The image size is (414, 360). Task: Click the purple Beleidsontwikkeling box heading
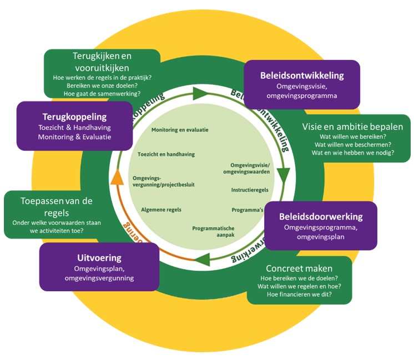(x=302, y=75)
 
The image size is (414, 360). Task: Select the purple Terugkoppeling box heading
(x=74, y=117)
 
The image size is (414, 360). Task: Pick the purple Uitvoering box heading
(x=99, y=258)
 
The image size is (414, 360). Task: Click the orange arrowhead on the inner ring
(x=117, y=178)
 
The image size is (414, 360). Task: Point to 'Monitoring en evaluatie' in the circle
(x=180, y=130)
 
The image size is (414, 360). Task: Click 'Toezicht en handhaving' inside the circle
(x=166, y=154)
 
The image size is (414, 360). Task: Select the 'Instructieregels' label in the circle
(x=250, y=190)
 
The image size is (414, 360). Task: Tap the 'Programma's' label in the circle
(x=248, y=210)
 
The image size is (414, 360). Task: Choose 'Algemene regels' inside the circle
(x=161, y=210)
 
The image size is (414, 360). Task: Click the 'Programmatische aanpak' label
(x=213, y=232)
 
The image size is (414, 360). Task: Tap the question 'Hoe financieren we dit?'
(x=299, y=295)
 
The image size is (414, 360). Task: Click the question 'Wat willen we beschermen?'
(x=353, y=144)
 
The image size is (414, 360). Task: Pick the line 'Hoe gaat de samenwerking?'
(x=103, y=94)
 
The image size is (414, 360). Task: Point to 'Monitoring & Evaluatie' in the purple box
(x=74, y=137)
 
